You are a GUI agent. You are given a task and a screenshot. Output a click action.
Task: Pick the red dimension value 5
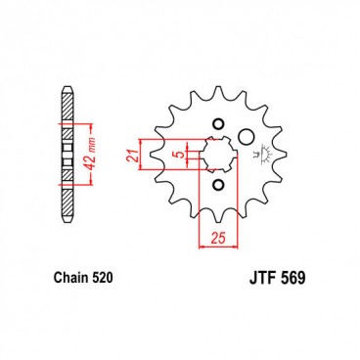tap(178, 154)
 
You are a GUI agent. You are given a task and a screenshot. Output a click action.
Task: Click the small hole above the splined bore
tap(216, 124)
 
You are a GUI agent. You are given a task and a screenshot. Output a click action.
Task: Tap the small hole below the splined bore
tap(216, 185)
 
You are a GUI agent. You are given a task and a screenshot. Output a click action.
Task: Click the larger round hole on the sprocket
tap(247, 136)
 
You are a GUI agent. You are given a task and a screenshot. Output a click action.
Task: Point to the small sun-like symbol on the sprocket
tap(261, 155)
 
